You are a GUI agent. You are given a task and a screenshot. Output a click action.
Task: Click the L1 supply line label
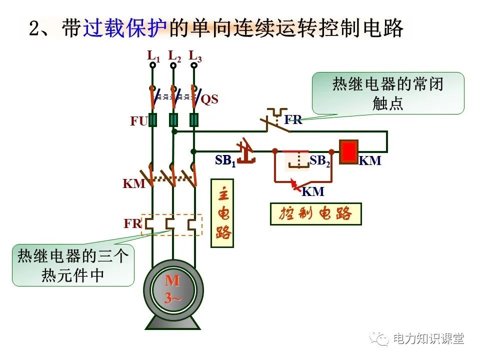(x=153, y=56)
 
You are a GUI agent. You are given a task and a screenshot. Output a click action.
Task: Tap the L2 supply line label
(x=174, y=56)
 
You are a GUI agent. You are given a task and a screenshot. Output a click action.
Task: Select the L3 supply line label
(x=195, y=56)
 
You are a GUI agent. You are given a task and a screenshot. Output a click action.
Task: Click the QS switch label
(x=209, y=99)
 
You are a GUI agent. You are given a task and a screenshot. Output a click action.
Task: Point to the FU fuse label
(x=138, y=121)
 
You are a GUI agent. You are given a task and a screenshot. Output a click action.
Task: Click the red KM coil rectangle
(x=348, y=152)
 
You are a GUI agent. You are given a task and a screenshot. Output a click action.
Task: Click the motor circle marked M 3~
(x=173, y=290)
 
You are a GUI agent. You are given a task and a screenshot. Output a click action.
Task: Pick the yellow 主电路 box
(x=223, y=213)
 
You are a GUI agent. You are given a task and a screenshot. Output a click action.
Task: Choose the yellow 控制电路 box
(x=315, y=214)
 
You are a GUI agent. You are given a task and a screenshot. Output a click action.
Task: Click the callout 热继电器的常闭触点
(x=388, y=93)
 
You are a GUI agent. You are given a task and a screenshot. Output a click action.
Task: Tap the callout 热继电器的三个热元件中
(x=73, y=265)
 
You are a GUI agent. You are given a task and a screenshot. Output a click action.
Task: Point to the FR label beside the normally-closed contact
(x=293, y=120)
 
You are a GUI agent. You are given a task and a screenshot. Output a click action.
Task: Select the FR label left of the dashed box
(x=133, y=223)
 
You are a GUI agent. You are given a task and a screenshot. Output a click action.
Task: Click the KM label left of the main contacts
(x=133, y=183)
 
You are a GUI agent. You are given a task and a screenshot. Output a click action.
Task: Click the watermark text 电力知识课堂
(x=428, y=338)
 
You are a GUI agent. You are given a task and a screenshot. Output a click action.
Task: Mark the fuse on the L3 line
(x=194, y=120)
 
